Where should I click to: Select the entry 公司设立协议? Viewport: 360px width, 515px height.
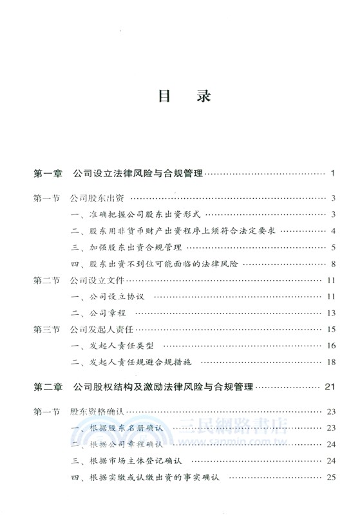pyautogui.click(x=113, y=297)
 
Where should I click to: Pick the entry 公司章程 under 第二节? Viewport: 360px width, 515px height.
pyautogui.click(x=104, y=314)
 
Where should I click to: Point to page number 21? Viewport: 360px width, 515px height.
pyautogui.click(x=330, y=387)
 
